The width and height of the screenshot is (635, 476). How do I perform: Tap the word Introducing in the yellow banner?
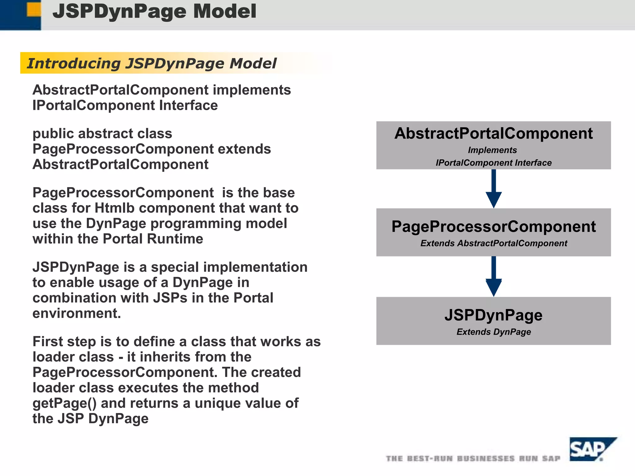click(73, 63)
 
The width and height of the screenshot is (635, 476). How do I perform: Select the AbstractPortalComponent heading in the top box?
click(493, 133)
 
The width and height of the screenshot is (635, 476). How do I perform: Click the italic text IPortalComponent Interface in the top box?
click(493, 163)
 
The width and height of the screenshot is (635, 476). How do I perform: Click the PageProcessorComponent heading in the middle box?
click(493, 227)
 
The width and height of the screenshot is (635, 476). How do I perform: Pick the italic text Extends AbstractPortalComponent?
click(493, 243)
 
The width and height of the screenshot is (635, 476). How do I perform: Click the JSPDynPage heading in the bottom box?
click(493, 315)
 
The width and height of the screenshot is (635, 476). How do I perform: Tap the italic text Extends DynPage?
click(493, 332)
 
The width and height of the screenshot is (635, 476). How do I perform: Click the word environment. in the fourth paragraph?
click(77, 313)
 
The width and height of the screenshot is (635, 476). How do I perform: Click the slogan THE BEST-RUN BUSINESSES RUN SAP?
click(473, 458)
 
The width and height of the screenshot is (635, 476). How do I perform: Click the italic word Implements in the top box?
click(492, 150)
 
